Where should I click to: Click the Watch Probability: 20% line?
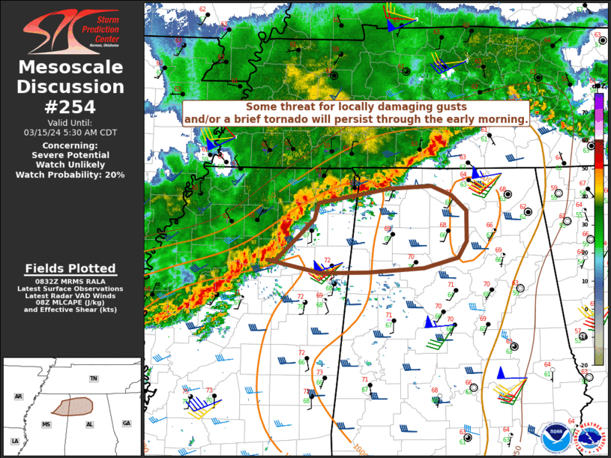[71, 175]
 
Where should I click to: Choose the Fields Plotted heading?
[71, 268]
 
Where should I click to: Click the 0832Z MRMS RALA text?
[71, 280]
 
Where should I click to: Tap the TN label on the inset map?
[93, 379]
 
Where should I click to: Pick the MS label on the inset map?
[46, 424]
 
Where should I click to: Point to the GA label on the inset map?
[126, 424]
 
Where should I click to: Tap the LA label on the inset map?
[14, 442]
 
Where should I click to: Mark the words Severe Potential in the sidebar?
[71, 154]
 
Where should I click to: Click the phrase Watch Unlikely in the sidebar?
[71, 164]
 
